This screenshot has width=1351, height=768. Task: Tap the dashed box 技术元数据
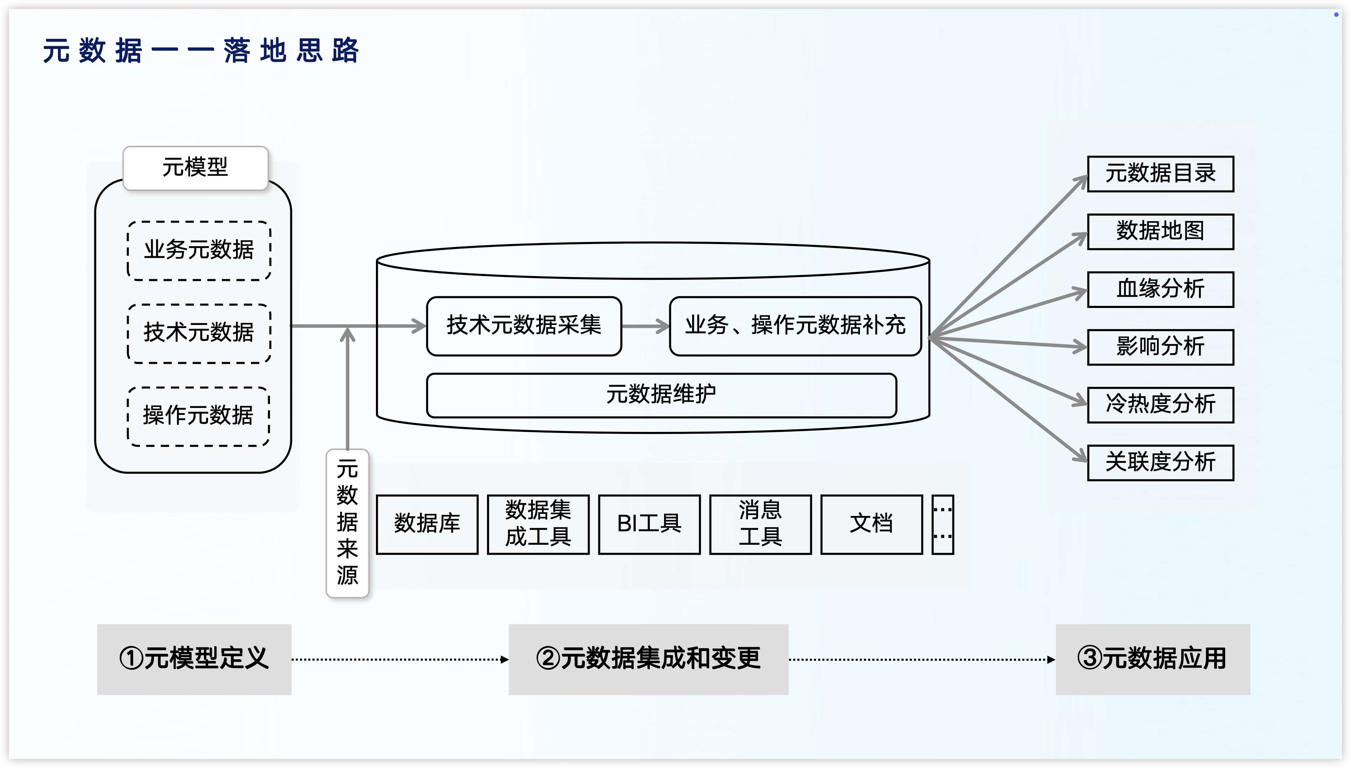[199, 333]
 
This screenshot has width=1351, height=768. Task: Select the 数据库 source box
[427, 524]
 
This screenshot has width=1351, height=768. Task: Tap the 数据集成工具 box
[538, 524]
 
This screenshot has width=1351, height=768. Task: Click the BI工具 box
[649, 524]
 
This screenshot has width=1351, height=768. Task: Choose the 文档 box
[871, 524]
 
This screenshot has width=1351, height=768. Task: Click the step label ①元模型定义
[194, 659]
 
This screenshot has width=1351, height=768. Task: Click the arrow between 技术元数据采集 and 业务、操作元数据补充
[645, 326]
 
